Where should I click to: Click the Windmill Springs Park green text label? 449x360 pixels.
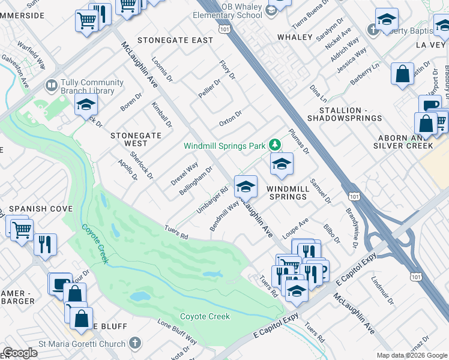[x=225, y=146]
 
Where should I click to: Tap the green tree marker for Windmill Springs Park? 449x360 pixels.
[x=274, y=145]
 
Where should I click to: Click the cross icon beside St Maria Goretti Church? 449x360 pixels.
[x=135, y=344]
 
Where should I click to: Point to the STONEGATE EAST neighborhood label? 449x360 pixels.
[x=175, y=40]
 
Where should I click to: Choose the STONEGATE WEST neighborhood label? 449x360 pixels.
[x=136, y=139]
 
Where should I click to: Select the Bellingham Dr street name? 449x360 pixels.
[x=196, y=181]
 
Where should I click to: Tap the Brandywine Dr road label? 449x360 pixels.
[x=352, y=229]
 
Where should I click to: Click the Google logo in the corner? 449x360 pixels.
[x=20, y=353]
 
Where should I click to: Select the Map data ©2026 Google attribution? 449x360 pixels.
[x=411, y=355]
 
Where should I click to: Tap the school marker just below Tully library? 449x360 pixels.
[x=86, y=105]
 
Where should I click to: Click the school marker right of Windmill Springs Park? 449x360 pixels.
[x=281, y=164]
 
